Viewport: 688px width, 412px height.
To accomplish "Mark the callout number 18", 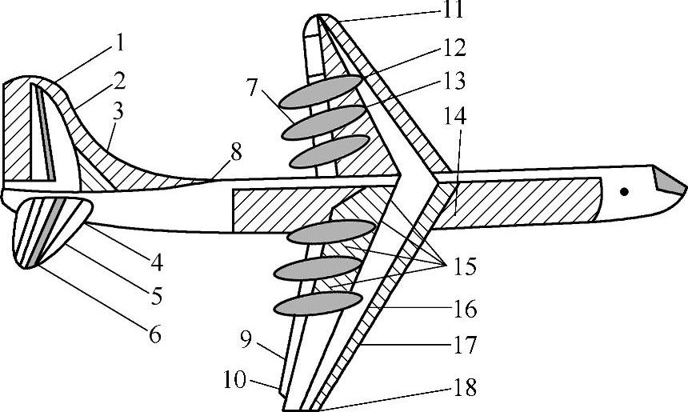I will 465,390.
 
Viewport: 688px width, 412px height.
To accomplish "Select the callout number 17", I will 465,346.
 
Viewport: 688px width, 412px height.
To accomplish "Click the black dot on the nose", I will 624,190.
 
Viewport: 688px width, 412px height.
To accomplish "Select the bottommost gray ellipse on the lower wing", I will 318,302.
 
